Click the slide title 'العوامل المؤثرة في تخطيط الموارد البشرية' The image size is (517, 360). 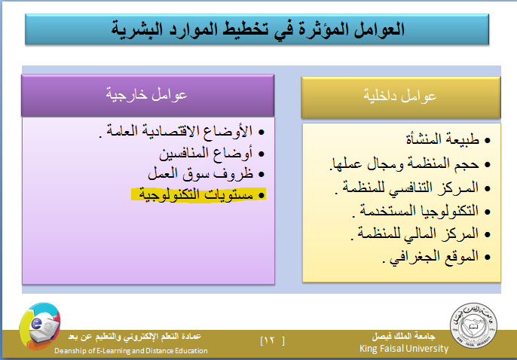click(258, 29)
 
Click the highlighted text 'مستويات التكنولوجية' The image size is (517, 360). click(196, 194)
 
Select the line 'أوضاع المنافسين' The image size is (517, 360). click(206, 154)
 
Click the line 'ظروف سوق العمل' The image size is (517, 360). click(200, 174)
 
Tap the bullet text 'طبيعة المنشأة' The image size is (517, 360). click(442, 139)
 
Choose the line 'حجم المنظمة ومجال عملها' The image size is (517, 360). click(404, 163)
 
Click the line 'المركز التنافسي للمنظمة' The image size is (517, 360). click(407, 188)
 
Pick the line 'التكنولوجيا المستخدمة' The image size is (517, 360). click(415, 211)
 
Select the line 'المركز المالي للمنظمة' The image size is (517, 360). click(415, 234)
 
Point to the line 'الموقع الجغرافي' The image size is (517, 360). click(430, 257)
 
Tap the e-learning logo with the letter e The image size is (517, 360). click(40, 326)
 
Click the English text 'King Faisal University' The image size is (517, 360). click(404, 349)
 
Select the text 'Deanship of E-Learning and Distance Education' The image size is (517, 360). click(131, 351)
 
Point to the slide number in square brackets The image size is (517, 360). click(272, 340)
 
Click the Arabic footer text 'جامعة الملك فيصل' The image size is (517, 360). click(404, 337)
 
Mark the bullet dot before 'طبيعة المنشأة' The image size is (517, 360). click(488, 141)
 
